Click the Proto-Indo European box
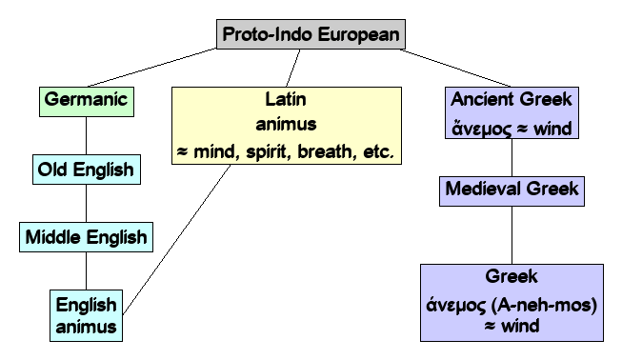pos(311,35)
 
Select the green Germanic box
pos(86,100)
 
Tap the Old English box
pos(86,171)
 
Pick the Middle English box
pos(86,236)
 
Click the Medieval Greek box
pos(512,189)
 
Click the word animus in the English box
pos(86,328)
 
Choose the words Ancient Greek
pos(512,100)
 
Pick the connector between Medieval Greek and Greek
pos(512,234)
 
